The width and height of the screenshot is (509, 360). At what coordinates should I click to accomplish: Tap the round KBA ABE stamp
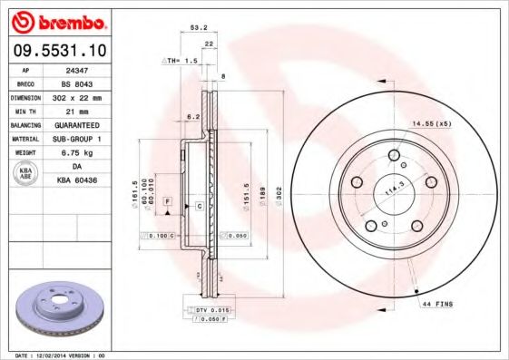pyautogui.click(x=25, y=173)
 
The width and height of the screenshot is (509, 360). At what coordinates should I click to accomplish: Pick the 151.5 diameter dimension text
pyautogui.click(x=246, y=196)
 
